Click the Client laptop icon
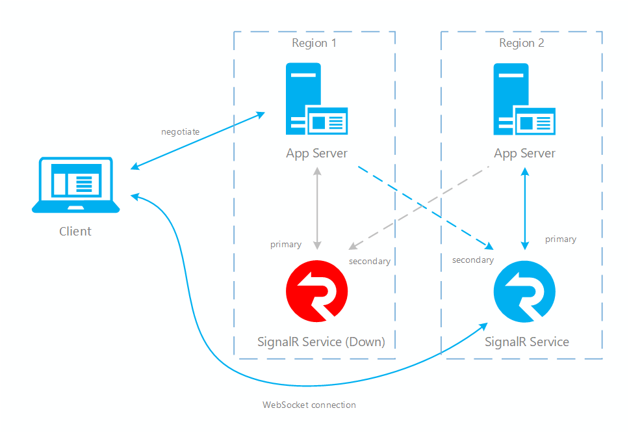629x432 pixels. [75, 185]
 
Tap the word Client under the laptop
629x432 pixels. [75, 231]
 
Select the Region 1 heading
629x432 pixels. [314, 44]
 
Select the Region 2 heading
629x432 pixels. [521, 44]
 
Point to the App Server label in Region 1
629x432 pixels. [316, 154]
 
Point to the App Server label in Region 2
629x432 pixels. [524, 154]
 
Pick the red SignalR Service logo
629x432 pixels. [316, 291]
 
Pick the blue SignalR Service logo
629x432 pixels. [524, 291]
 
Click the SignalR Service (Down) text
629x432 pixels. [321, 342]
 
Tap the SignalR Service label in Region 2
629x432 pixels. [526, 342]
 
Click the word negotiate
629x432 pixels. [180, 132]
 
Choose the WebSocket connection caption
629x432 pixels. [309, 405]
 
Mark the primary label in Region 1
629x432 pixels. [286, 245]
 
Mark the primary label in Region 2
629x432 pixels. [560, 239]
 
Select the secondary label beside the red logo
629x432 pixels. [370, 262]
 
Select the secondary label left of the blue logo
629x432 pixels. [472, 260]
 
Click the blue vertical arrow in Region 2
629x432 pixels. [525, 208]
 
